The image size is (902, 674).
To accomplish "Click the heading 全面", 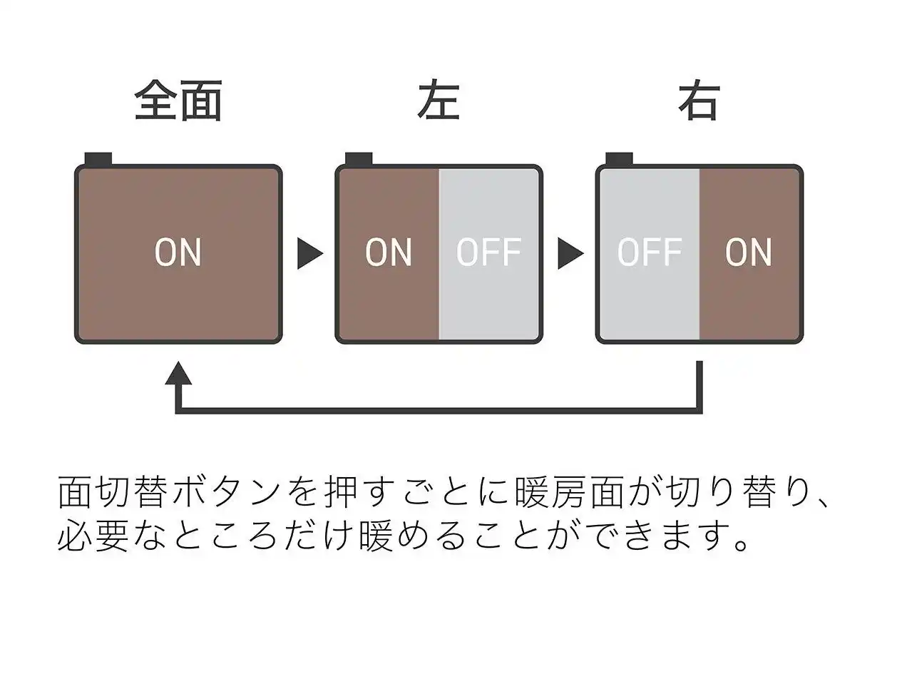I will (x=178, y=101).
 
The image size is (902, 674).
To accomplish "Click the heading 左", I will (x=438, y=101).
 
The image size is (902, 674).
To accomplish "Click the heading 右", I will (x=699, y=101).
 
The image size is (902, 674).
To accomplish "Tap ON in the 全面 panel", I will (x=178, y=252).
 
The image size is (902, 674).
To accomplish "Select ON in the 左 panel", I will (x=389, y=252).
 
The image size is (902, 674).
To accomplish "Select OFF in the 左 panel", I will (x=488, y=252).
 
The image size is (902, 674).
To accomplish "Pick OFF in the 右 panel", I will (x=650, y=252).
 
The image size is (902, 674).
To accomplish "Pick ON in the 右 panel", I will (x=749, y=252).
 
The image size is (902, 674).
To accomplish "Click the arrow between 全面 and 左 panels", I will (x=309, y=253).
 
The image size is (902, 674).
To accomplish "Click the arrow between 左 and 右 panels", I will (x=570, y=253).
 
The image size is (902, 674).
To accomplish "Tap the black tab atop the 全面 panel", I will (x=98, y=159).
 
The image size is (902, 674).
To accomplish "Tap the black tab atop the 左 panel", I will (x=359, y=159).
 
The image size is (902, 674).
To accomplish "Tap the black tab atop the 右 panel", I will (x=619, y=159).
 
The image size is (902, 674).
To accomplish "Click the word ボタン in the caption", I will (x=225, y=492).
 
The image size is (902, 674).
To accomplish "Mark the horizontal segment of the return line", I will (x=439, y=410).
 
